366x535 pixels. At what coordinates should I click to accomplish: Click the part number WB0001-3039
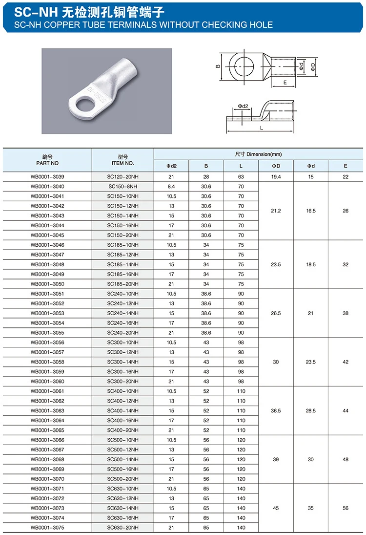click(47, 176)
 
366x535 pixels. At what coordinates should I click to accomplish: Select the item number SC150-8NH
click(122, 186)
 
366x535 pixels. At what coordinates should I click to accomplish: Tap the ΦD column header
click(276, 166)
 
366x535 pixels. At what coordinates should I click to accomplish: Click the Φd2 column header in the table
click(171, 166)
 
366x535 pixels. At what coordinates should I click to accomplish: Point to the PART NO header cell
click(47, 160)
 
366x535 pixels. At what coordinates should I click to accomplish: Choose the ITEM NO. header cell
click(122, 160)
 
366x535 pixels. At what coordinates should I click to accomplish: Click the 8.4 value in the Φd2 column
click(171, 186)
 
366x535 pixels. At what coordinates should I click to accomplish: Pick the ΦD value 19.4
click(276, 176)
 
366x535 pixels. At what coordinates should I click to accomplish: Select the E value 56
click(346, 508)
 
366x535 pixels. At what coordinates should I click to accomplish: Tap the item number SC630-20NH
click(122, 528)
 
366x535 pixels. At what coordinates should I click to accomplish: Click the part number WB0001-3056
click(47, 342)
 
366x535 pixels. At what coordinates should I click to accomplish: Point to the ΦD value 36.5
click(276, 411)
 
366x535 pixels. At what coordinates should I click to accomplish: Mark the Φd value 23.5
click(310, 362)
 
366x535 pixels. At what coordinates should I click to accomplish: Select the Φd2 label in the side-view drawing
click(243, 106)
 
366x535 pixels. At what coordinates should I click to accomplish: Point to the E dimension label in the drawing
click(284, 83)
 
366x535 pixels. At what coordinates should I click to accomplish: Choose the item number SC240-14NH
click(122, 313)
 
